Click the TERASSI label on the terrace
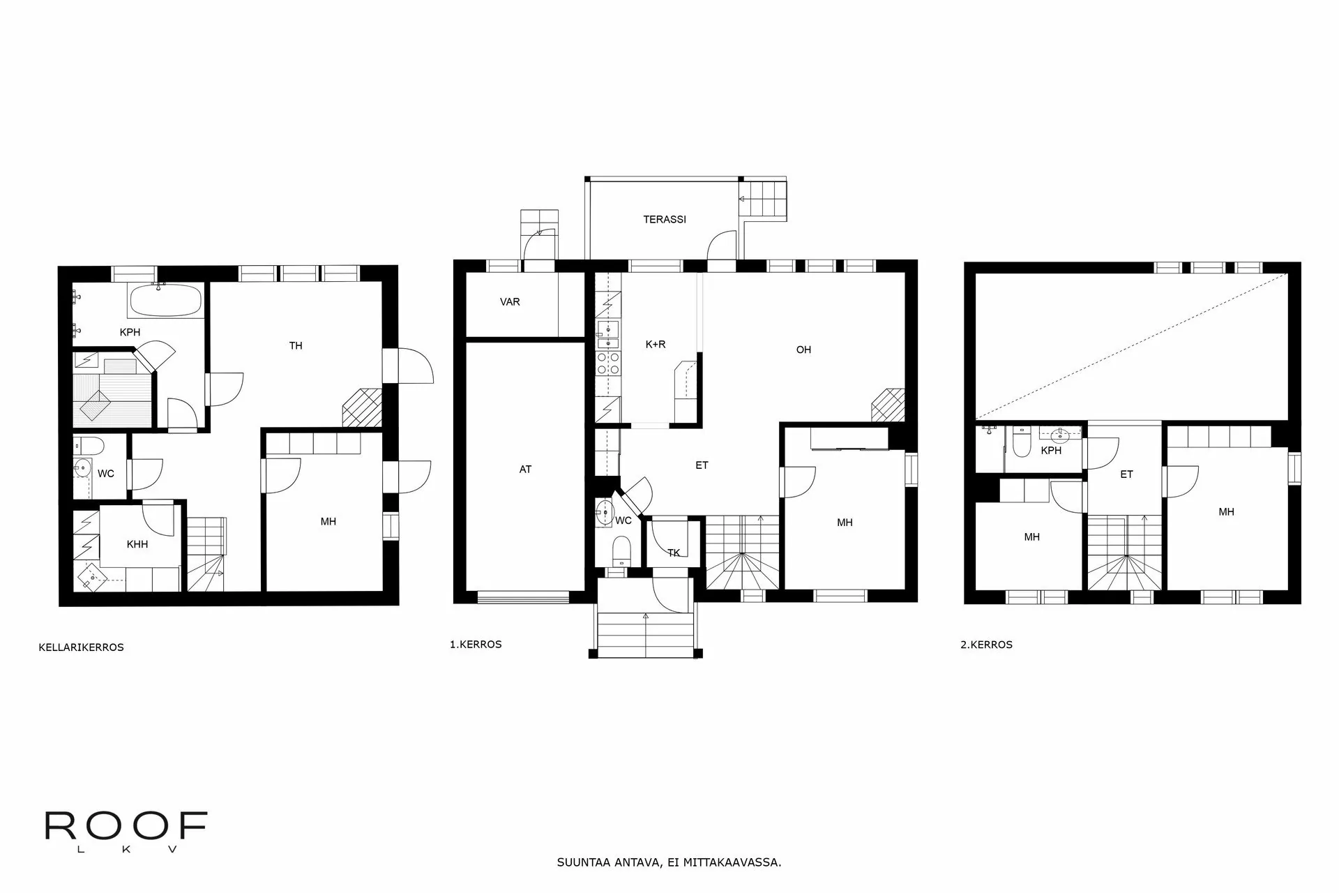(x=664, y=219)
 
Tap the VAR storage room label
(x=510, y=302)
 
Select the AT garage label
(x=525, y=470)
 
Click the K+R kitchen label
(x=656, y=344)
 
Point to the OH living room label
(x=803, y=350)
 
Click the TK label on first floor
(x=674, y=553)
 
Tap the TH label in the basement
(x=296, y=345)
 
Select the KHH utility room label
(x=137, y=544)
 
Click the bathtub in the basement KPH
(x=165, y=300)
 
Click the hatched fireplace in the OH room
(x=888, y=405)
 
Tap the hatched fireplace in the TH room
(x=363, y=407)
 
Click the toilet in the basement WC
(x=89, y=445)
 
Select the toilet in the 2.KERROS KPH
(x=1022, y=445)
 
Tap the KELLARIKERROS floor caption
(x=81, y=647)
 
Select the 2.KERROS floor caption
(x=986, y=645)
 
